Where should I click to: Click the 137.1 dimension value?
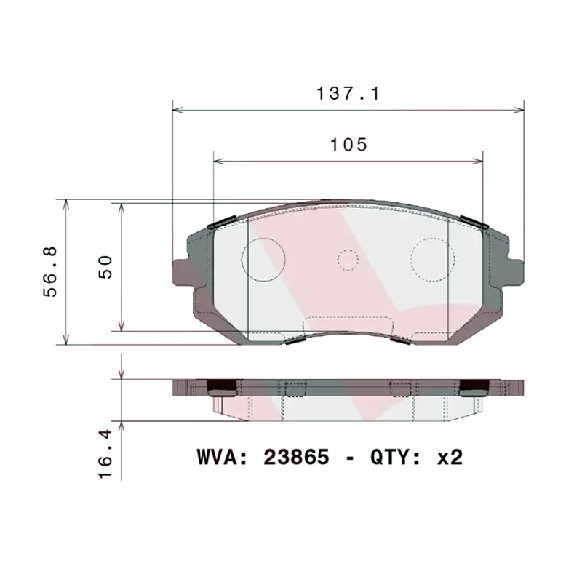coord(348,94)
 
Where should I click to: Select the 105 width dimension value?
coord(348,144)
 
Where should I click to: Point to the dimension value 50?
coord(106,266)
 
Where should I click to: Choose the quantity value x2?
coord(449,457)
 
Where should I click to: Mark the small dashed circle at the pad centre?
coord(348,260)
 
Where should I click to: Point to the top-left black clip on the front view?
coord(220,223)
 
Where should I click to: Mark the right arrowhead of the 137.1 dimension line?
coord(519,111)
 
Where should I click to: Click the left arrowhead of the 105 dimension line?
coord(218,161)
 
